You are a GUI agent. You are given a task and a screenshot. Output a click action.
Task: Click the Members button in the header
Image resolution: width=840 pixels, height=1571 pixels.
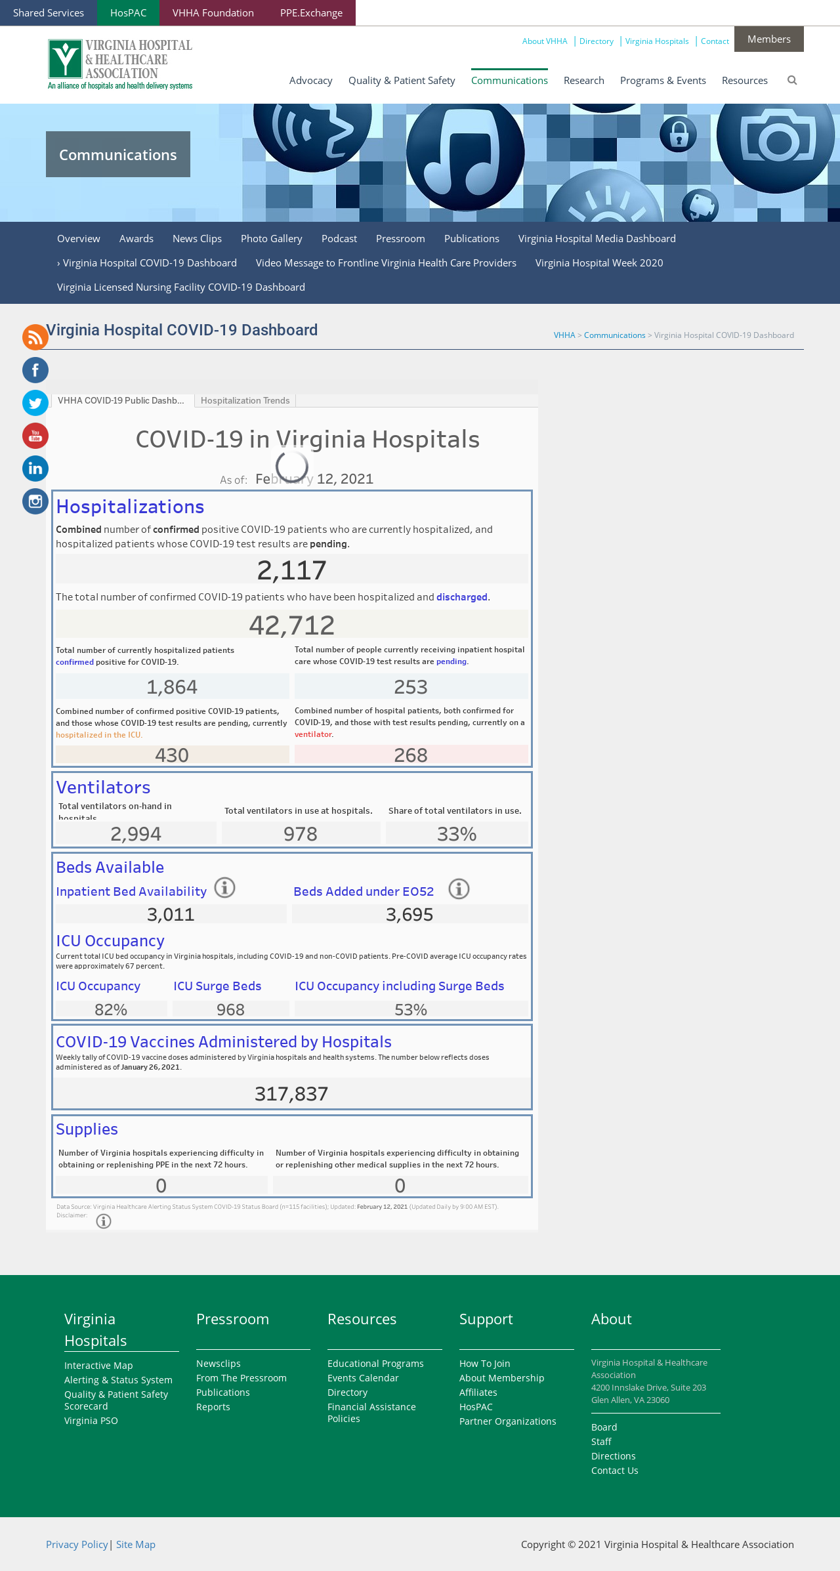(x=768, y=39)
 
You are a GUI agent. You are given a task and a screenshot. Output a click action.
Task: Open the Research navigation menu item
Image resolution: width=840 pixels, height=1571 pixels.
(x=583, y=80)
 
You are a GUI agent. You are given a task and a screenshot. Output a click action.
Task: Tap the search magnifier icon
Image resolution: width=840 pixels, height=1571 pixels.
(x=792, y=80)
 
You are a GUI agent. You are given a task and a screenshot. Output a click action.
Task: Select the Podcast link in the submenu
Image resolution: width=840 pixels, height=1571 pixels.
(x=339, y=239)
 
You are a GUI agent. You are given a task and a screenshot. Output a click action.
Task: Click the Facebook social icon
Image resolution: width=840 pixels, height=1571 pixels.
(x=35, y=370)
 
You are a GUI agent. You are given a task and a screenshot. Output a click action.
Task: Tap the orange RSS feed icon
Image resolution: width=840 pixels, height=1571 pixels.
(x=35, y=337)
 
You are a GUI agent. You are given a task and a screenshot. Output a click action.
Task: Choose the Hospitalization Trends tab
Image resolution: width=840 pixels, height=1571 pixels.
(x=245, y=400)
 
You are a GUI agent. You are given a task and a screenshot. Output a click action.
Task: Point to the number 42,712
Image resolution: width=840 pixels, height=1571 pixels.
(x=292, y=625)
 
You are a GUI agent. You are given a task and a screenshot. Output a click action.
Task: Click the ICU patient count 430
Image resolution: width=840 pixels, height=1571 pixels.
(x=172, y=755)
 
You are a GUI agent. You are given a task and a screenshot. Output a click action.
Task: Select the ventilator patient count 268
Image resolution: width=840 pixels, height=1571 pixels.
(x=411, y=755)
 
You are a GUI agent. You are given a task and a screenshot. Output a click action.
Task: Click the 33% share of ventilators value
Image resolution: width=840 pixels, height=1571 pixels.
(x=457, y=833)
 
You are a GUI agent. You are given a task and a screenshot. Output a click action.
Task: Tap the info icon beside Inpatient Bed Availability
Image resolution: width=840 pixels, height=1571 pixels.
(x=224, y=888)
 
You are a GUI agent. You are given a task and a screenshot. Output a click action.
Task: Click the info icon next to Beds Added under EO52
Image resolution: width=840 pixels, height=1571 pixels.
(x=459, y=889)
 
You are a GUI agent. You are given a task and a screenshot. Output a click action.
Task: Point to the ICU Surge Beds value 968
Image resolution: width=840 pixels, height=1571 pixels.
(x=230, y=1009)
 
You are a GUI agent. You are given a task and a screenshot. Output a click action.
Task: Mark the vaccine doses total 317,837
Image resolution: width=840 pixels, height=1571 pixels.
(x=291, y=1094)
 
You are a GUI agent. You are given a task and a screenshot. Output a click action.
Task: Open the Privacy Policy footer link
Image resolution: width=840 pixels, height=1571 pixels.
(x=77, y=1544)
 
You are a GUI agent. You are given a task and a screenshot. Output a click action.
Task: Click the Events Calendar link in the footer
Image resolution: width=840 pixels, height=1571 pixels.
(x=363, y=1378)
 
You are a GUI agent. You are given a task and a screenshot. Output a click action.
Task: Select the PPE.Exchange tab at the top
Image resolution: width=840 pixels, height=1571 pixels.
(x=311, y=13)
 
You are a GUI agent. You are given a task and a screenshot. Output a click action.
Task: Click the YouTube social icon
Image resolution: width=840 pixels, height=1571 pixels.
(x=35, y=436)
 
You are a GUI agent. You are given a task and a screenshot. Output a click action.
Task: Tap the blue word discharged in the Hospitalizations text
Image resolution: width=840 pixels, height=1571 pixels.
(x=462, y=597)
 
